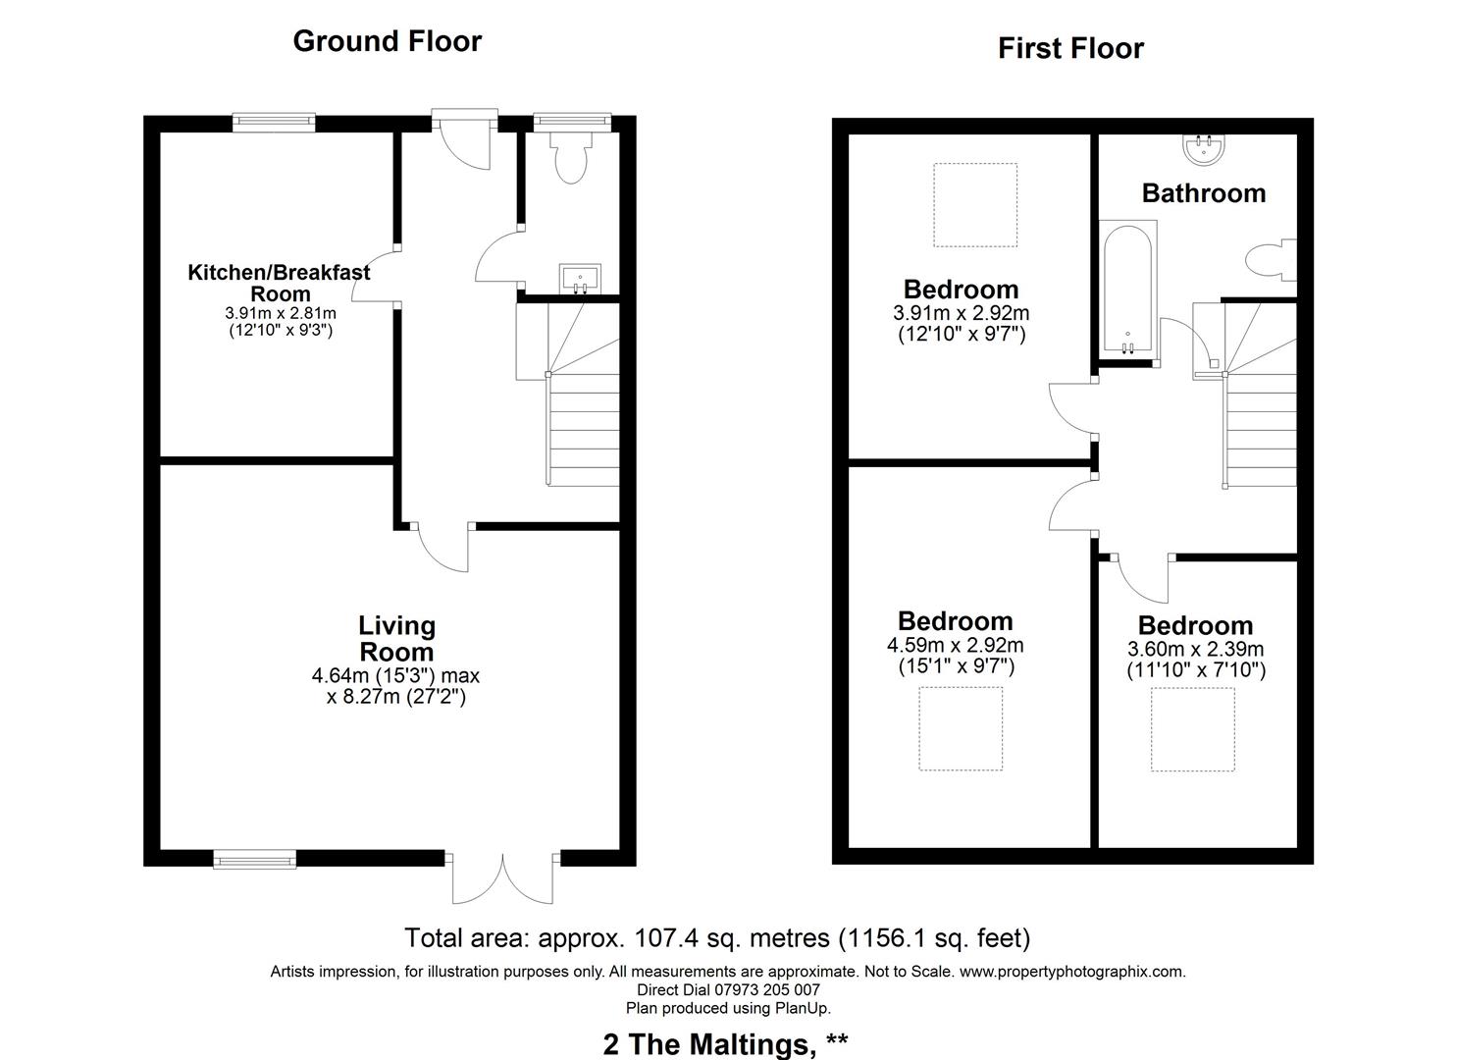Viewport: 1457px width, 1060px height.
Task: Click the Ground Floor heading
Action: click(x=387, y=41)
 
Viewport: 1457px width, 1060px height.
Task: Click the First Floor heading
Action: click(x=1070, y=48)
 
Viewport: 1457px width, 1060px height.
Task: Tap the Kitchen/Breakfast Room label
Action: click(x=280, y=283)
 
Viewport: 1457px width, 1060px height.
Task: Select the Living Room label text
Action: click(x=396, y=639)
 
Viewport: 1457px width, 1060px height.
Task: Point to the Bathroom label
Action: click(x=1203, y=193)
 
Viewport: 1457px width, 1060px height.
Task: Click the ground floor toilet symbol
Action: click(x=569, y=161)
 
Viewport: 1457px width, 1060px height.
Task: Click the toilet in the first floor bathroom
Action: click(x=1269, y=260)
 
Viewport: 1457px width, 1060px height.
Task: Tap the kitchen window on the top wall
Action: click(x=275, y=122)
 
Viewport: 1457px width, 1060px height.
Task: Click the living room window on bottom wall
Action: click(x=255, y=860)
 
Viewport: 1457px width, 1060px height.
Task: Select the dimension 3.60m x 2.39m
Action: click(x=1195, y=650)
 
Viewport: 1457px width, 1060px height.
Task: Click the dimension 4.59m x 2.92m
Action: click(x=955, y=646)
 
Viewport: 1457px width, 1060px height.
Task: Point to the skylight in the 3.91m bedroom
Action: click(x=974, y=204)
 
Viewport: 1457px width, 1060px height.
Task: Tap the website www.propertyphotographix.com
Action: click(x=1071, y=972)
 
